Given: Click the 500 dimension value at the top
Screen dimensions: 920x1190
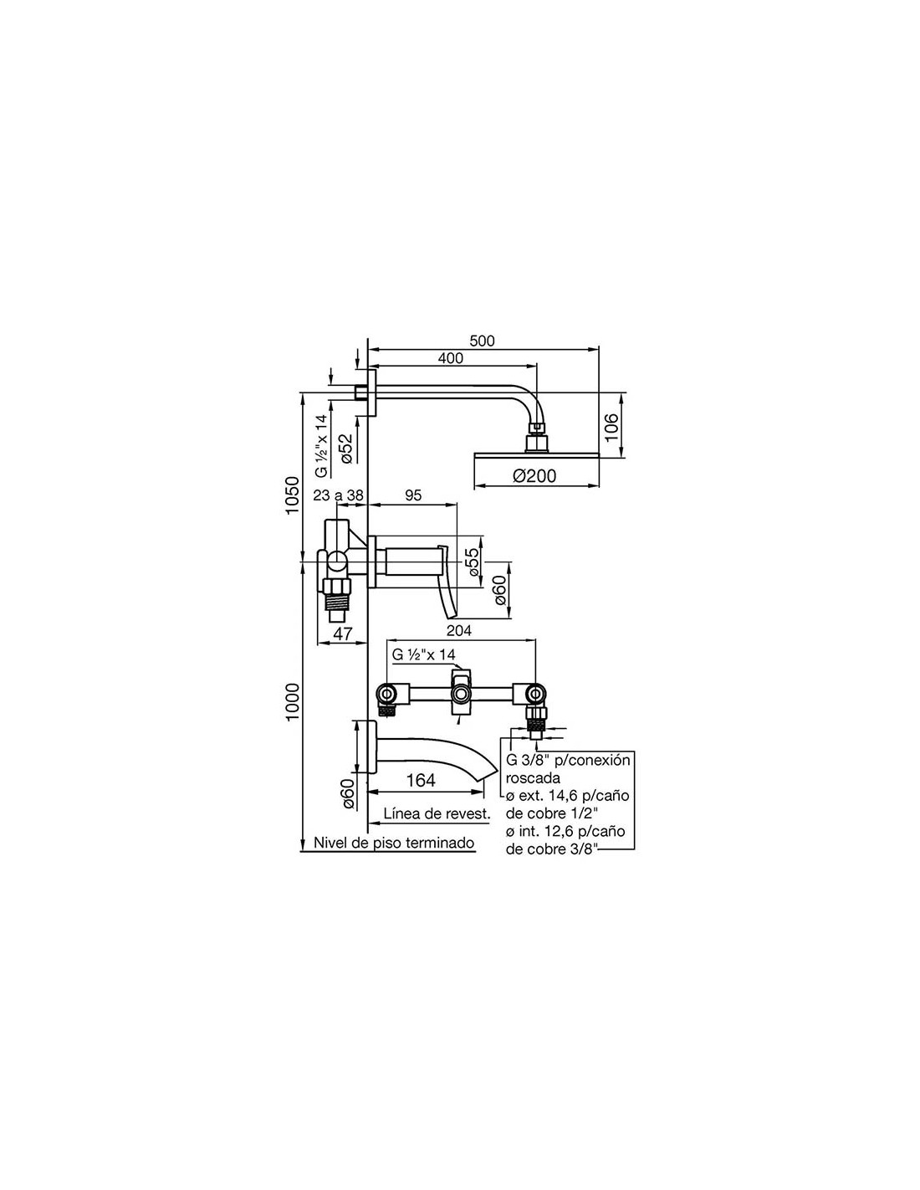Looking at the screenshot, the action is [x=482, y=341].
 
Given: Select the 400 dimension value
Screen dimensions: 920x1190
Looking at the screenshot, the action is [x=451, y=358].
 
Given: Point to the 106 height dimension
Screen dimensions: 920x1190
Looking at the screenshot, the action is [x=612, y=427].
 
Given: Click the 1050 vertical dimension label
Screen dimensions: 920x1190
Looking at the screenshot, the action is [x=293, y=495].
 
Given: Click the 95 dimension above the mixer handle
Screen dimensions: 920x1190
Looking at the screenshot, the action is [x=413, y=495].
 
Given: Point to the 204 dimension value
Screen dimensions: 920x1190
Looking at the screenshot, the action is [x=458, y=631].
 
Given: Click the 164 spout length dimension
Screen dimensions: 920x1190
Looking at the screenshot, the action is [x=421, y=781].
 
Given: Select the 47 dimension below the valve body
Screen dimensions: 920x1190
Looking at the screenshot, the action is [x=343, y=633].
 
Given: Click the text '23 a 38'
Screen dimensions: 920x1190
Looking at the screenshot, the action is [x=338, y=495].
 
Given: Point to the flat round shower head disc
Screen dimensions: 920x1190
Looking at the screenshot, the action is [x=536, y=454].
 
